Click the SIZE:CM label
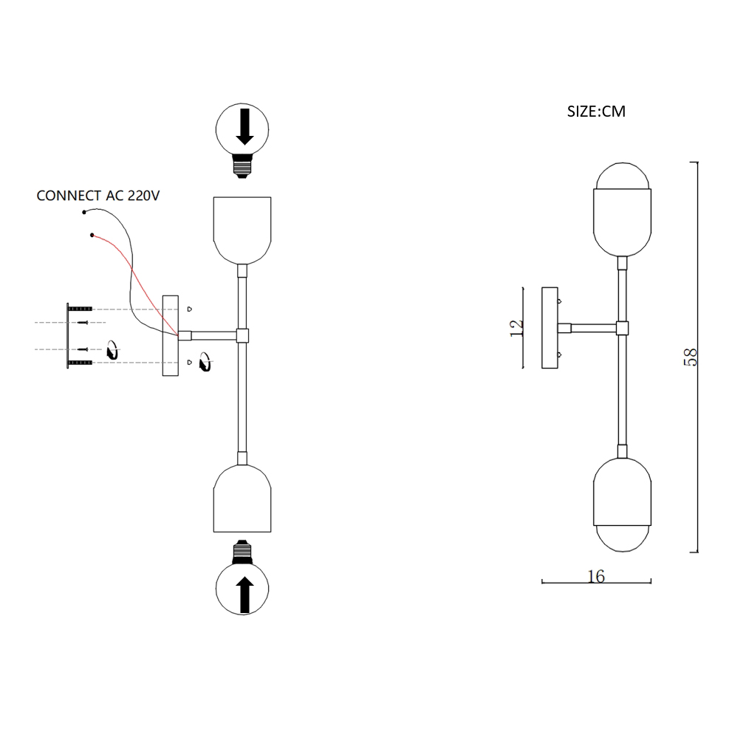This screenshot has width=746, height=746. tap(595, 112)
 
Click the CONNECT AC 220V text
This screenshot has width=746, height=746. tap(98, 196)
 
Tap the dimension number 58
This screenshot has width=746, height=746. tap(691, 357)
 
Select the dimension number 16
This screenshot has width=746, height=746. tap(596, 576)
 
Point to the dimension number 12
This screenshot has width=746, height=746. tap(517, 327)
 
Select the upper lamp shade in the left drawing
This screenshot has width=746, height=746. tap(242, 229)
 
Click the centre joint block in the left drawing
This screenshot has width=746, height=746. tap(242, 335)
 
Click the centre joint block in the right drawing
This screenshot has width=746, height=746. tap(622, 328)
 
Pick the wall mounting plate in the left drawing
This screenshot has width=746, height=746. tap(171, 335)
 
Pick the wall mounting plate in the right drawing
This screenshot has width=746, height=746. tap(550, 328)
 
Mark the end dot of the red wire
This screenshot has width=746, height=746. tap(92, 236)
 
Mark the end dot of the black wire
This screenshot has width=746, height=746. tap(84, 213)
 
